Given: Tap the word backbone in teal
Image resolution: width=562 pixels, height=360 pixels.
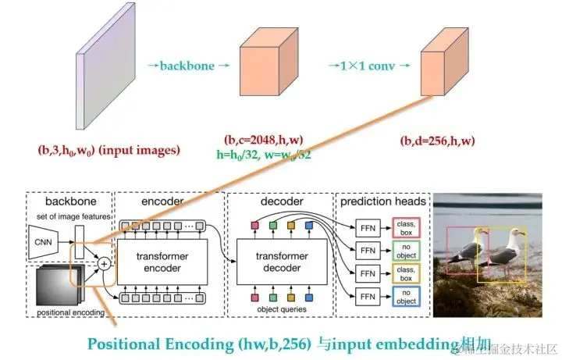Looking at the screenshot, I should click(187, 66).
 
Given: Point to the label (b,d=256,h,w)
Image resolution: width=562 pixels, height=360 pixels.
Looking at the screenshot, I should click(437, 141).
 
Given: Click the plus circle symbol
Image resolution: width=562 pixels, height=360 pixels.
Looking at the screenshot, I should click(104, 264).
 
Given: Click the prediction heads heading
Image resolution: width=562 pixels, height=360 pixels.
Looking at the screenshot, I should click(382, 201).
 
